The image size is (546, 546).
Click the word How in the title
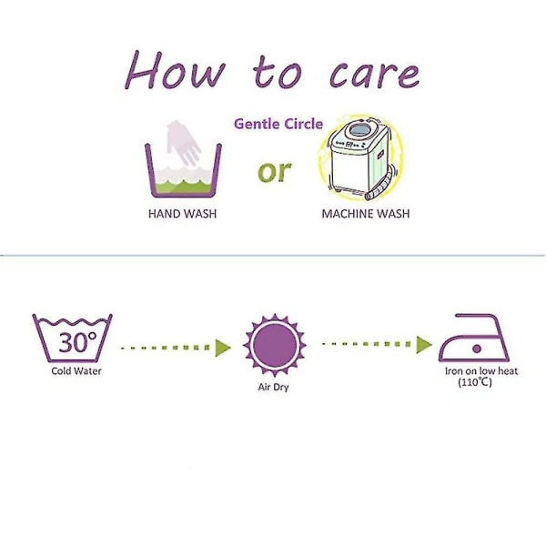[175, 70]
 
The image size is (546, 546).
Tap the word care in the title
[374, 75]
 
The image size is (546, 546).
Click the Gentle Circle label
[278, 124]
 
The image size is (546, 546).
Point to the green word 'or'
[275, 171]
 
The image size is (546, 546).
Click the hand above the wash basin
[183, 142]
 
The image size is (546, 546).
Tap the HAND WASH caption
[183, 214]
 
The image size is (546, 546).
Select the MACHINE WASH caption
[366, 214]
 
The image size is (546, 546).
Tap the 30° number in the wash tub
[77, 341]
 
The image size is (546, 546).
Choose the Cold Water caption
[76, 371]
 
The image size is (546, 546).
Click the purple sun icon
[275, 345]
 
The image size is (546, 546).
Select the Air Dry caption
[273, 387]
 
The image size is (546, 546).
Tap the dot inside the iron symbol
[477, 349]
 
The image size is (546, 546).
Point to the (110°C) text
[475, 382]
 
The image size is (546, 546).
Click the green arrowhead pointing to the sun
[223, 348]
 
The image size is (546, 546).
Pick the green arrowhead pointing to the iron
[424, 345]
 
